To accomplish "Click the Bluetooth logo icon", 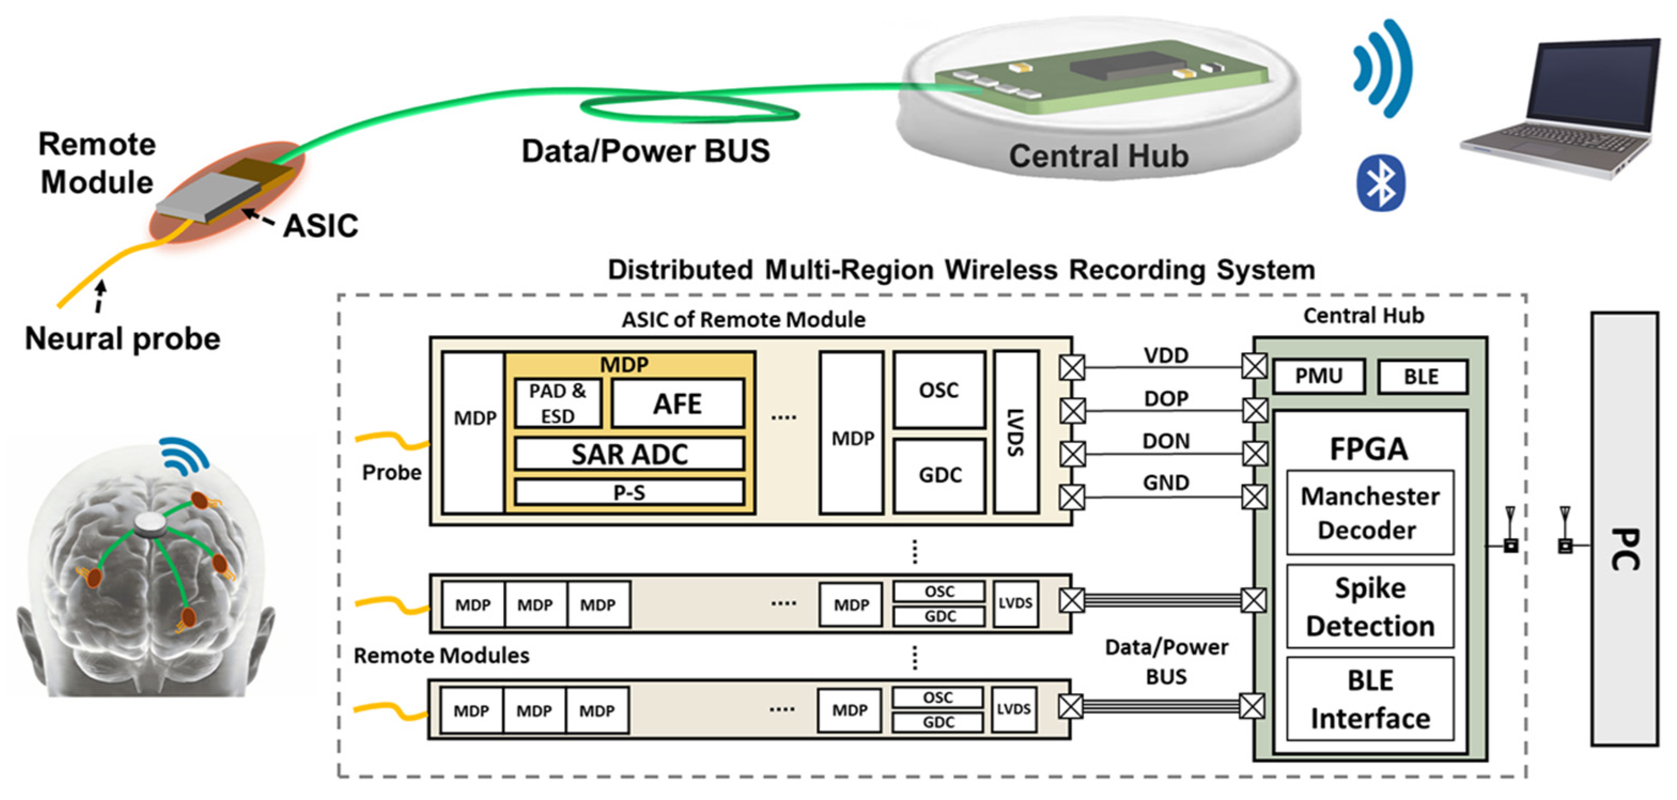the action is (x=1380, y=183).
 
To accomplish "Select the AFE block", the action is (x=678, y=403).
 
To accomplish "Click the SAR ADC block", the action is (x=630, y=454).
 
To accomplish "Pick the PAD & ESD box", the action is (x=557, y=403).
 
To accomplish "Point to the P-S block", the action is (x=630, y=492).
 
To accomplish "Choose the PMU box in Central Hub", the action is (x=1318, y=376).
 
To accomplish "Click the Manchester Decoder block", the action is (x=1370, y=513).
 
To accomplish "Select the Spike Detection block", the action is (x=1370, y=607).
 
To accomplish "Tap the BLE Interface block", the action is (x=1370, y=699).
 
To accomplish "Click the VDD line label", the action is (x=1166, y=355).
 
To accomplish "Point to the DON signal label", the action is (x=1166, y=441).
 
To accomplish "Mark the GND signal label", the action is (x=1166, y=483).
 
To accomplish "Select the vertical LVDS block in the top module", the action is (x=1015, y=432).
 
